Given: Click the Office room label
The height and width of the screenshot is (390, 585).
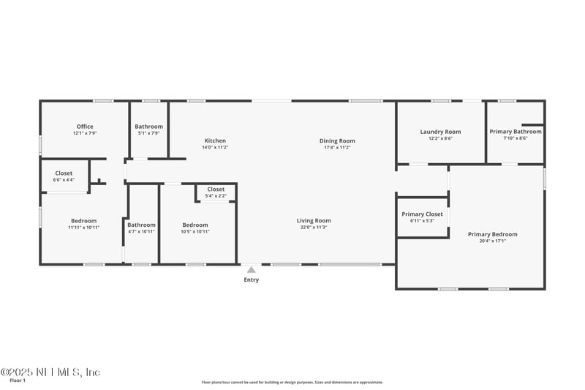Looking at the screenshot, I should tap(84, 127).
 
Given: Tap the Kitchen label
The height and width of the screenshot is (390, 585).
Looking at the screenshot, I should tap(215, 140).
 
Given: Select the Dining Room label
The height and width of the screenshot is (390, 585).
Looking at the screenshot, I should tap(337, 140).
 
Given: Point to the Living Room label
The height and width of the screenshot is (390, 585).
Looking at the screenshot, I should tap(314, 220).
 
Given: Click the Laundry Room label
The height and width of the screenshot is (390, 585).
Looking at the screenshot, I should tap(440, 132).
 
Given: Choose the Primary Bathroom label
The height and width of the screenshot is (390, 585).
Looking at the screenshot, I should tap(516, 132).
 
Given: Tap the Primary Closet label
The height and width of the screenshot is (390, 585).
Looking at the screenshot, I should tap(423, 214).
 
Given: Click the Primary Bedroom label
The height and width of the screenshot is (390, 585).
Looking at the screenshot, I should tap(492, 234).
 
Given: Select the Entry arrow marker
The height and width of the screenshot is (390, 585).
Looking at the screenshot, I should tap(252, 270).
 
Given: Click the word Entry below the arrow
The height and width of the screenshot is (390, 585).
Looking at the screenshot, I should tap(252, 280).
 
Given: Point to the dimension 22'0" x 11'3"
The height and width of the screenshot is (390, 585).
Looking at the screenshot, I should tap(314, 228).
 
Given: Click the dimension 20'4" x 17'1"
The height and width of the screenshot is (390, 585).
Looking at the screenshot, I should tap(492, 241).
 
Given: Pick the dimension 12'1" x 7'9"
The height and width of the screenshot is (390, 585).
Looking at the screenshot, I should tap(84, 133).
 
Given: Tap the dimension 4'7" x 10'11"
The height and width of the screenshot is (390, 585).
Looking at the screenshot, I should tap(142, 231).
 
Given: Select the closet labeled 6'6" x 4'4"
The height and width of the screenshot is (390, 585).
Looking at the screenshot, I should tap(64, 176).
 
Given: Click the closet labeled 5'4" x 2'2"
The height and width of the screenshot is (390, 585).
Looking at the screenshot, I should tap(216, 192).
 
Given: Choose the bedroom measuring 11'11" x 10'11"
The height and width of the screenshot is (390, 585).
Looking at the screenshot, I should tap(83, 224).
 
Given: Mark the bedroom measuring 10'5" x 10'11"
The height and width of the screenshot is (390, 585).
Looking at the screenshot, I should tap(195, 228).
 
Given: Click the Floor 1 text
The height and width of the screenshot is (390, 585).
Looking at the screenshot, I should tap(18, 380).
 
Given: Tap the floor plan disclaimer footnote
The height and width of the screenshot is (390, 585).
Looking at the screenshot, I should tap(292, 382).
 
